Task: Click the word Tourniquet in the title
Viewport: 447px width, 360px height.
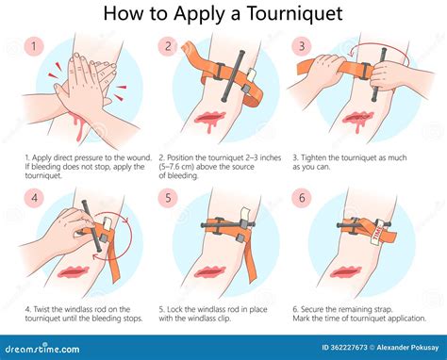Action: [x=281, y=15]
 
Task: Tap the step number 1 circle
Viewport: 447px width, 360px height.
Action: [x=34, y=45]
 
